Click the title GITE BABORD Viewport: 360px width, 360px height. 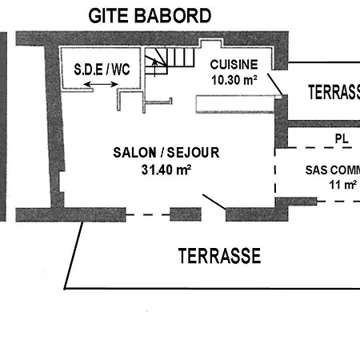[x=150, y=15]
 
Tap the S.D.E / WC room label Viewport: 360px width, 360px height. [x=102, y=70]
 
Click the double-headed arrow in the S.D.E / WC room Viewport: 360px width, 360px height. [x=101, y=85]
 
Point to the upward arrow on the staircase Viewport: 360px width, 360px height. [x=154, y=67]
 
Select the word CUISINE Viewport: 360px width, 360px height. [x=234, y=65]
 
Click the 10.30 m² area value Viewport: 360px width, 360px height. [x=234, y=80]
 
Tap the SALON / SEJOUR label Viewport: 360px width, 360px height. [x=166, y=153]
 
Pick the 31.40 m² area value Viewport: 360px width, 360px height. [x=166, y=170]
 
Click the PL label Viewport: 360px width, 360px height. [x=342, y=138]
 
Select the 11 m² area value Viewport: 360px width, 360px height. [x=342, y=185]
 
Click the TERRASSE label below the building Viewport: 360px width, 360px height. [x=219, y=256]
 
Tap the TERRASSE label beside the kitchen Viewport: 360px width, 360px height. [x=334, y=92]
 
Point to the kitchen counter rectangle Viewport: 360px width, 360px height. [x=235, y=104]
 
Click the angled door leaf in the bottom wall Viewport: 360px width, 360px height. [x=214, y=202]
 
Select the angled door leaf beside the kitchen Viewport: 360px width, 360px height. [x=275, y=84]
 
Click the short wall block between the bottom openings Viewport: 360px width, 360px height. [x=186, y=214]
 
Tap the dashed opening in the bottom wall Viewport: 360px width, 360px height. [x=148, y=214]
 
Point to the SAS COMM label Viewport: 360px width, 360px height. [x=333, y=170]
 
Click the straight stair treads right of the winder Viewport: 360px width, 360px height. [x=181, y=58]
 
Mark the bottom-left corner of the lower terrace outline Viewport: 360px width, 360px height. [x=65, y=289]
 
